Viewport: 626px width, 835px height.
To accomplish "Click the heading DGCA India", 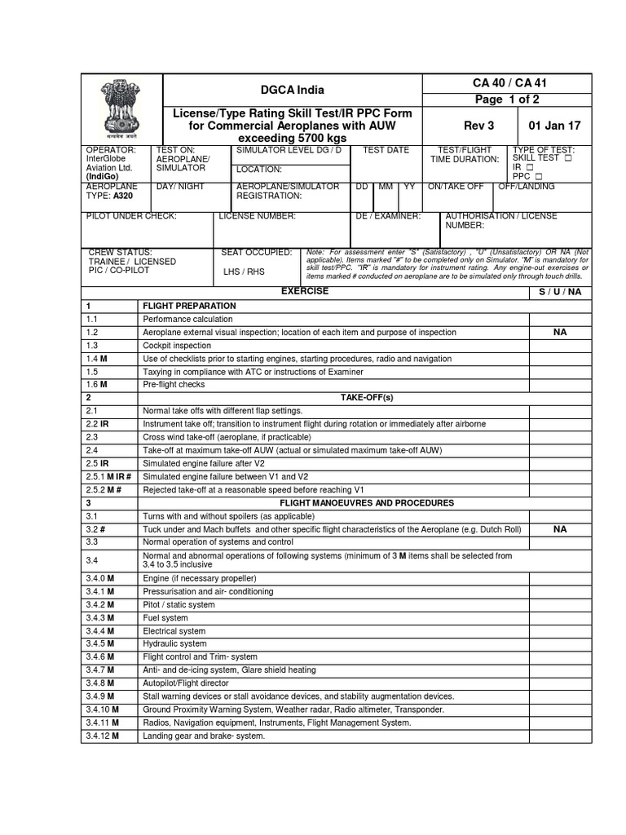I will click(x=291, y=90).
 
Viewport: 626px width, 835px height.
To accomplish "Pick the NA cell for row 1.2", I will click(x=560, y=333).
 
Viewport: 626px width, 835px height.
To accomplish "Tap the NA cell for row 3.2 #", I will click(x=560, y=529).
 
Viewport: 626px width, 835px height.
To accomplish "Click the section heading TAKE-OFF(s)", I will click(x=367, y=398).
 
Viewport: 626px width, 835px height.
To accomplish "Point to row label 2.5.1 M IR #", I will click(x=109, y=476).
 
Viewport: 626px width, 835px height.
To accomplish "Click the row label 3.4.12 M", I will click(x=103, y=736).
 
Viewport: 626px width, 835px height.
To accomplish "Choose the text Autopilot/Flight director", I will click(x=192, y=683).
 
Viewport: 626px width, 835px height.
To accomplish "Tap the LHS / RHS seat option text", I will click(x=244, y=272).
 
